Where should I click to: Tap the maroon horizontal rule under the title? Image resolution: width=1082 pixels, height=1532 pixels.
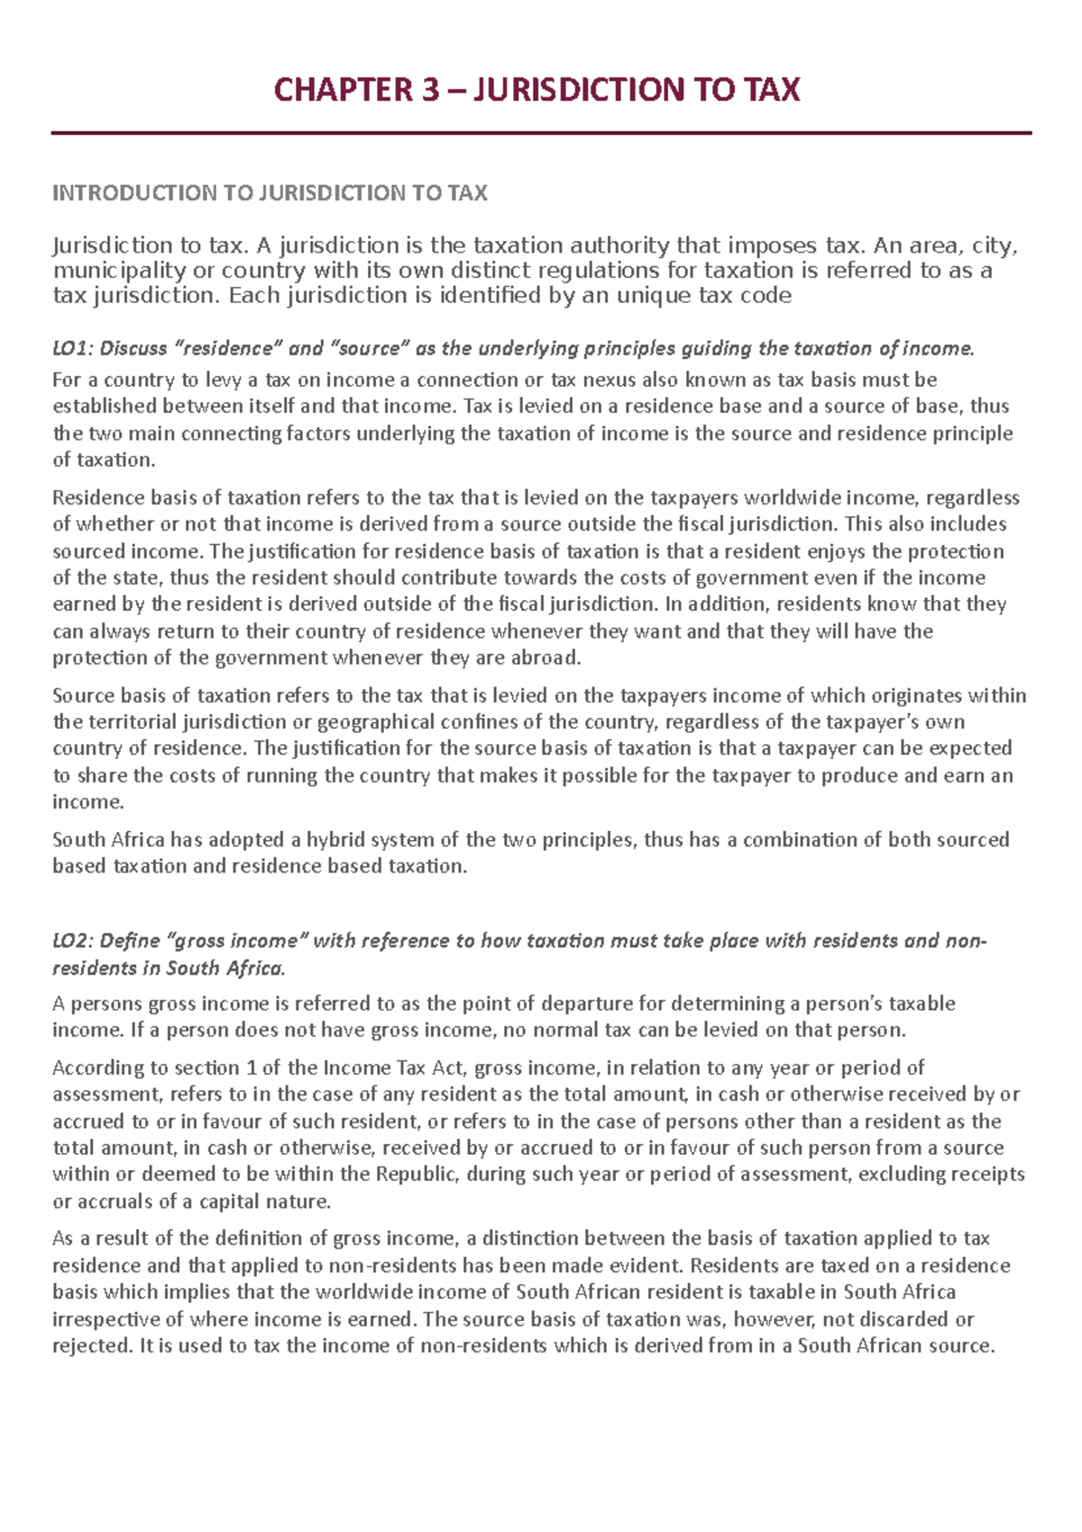[541, 134]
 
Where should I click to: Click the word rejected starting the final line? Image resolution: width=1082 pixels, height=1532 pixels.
[91, 1346]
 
